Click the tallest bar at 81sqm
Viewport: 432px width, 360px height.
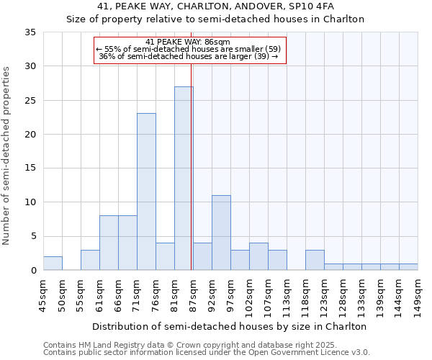click(x=184, y=179)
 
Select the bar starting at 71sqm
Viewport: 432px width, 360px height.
click(x=146, y=192)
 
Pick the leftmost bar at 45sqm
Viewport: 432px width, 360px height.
click(x=53, y=264)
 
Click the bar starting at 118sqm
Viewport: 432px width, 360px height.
click(x=315, y=260)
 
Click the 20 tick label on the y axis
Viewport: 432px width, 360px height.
click(x=30, y=135)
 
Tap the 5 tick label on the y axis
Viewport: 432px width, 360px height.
click(x=32, y=237)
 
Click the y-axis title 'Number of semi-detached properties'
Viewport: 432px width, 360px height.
click(x=7, y=156)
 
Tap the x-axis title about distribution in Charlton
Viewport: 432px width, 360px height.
click(x=230, y=326)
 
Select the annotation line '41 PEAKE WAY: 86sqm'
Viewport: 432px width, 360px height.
click(x=188, y=42)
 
